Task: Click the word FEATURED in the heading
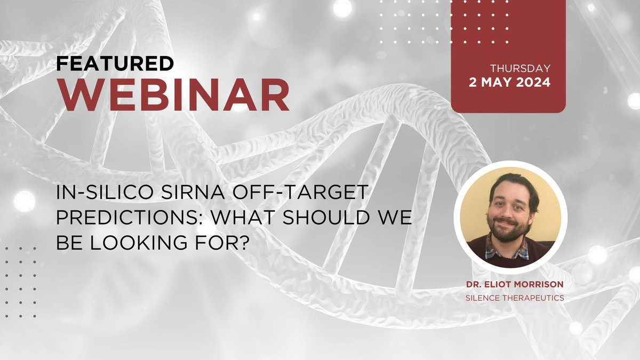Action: (115, 63)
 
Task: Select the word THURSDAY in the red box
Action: (521, 69)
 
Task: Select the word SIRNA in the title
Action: (193, 192)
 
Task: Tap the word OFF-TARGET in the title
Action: (299, 192)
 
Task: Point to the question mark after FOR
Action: (242, 243)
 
